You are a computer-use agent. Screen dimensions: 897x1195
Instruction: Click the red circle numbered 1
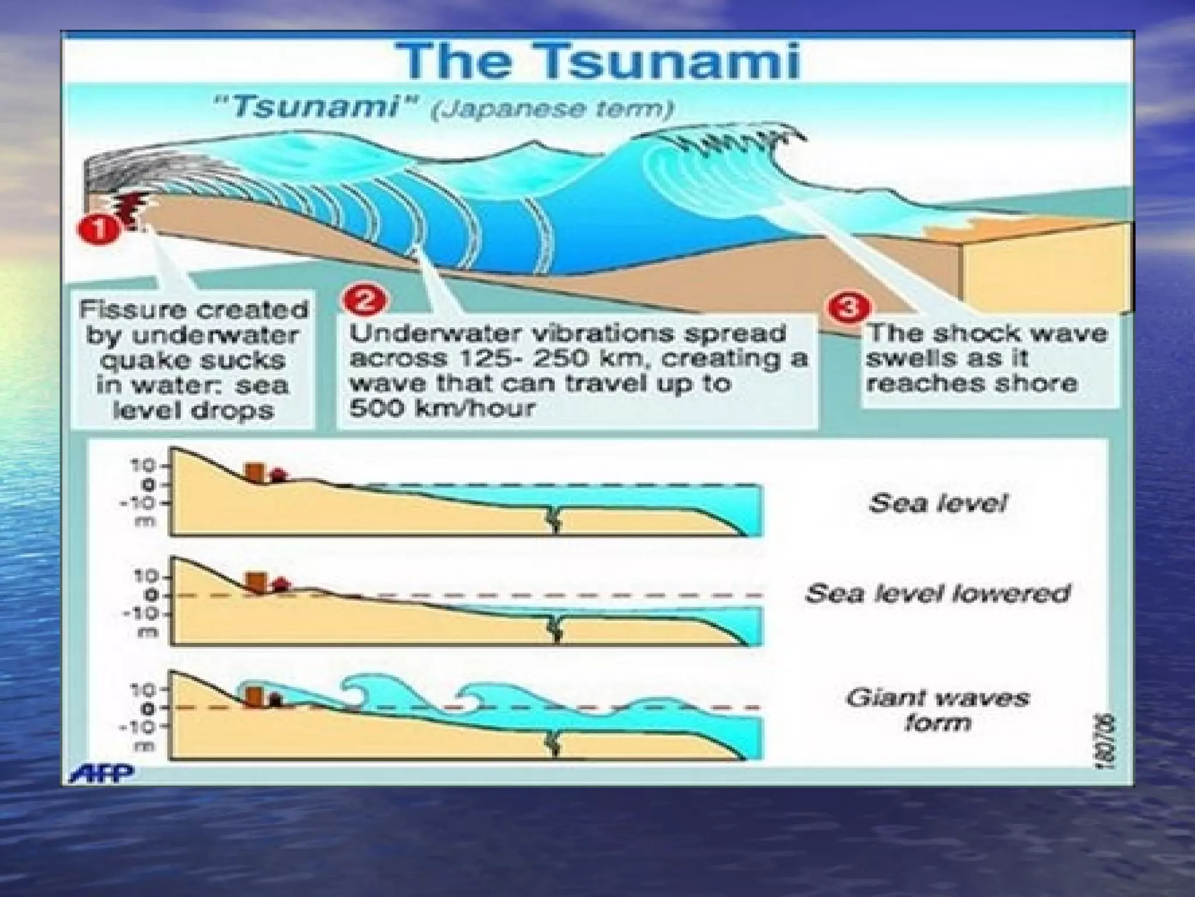pos(97,229)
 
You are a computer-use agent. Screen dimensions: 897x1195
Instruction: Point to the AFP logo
pos(102,774)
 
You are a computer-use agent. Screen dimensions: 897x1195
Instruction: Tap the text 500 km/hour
pos(442,408)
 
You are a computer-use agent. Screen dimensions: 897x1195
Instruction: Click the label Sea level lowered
pos(937,594)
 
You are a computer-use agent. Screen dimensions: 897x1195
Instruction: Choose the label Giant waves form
pos(937,710)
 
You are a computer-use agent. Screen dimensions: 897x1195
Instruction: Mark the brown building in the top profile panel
pos(255,472)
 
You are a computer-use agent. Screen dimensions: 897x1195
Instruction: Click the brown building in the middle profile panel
pos(255,582)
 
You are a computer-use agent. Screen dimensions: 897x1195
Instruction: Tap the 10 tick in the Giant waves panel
pos(146,690)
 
